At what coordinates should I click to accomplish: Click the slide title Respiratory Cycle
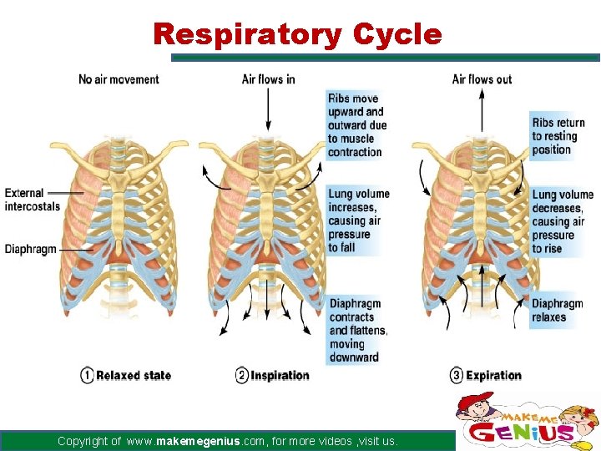[x=297, y=35]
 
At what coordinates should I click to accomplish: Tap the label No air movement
[x=119, y=79]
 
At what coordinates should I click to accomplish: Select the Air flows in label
[x=268, y=79]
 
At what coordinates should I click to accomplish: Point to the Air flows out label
[x=482, y=79]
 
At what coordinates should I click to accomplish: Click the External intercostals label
[x=32, y=200]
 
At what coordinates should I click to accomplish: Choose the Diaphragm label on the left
[x=30, y=249]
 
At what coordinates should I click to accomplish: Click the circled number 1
[x=87, y=376]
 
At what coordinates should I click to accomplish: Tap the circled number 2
[x=242, y=376]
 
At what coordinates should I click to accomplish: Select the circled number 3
[x=456, y=376]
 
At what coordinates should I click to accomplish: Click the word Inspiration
[x=280, y=376]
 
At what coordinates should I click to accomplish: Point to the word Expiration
[x=493, y=376]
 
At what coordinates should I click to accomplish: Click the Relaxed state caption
[x=134, y=376]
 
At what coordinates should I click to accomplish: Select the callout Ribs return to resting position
[x=558, y=136]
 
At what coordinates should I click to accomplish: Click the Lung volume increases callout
[x=358, y=220]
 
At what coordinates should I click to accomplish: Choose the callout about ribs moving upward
[x=356, y=125]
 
